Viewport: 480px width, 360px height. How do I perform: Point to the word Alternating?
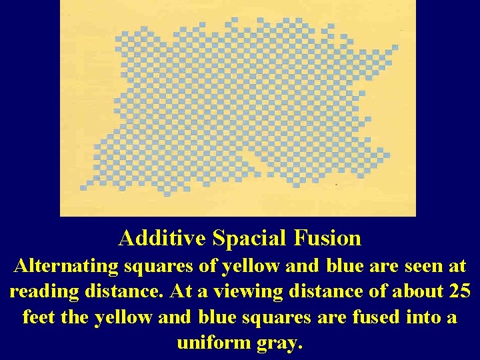(x=65, y=267)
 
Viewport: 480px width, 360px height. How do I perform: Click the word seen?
(x=427, y=267)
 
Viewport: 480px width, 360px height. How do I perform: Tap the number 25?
(x=459, y=291)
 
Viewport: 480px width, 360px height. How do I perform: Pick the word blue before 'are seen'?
(x=346, y=267)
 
